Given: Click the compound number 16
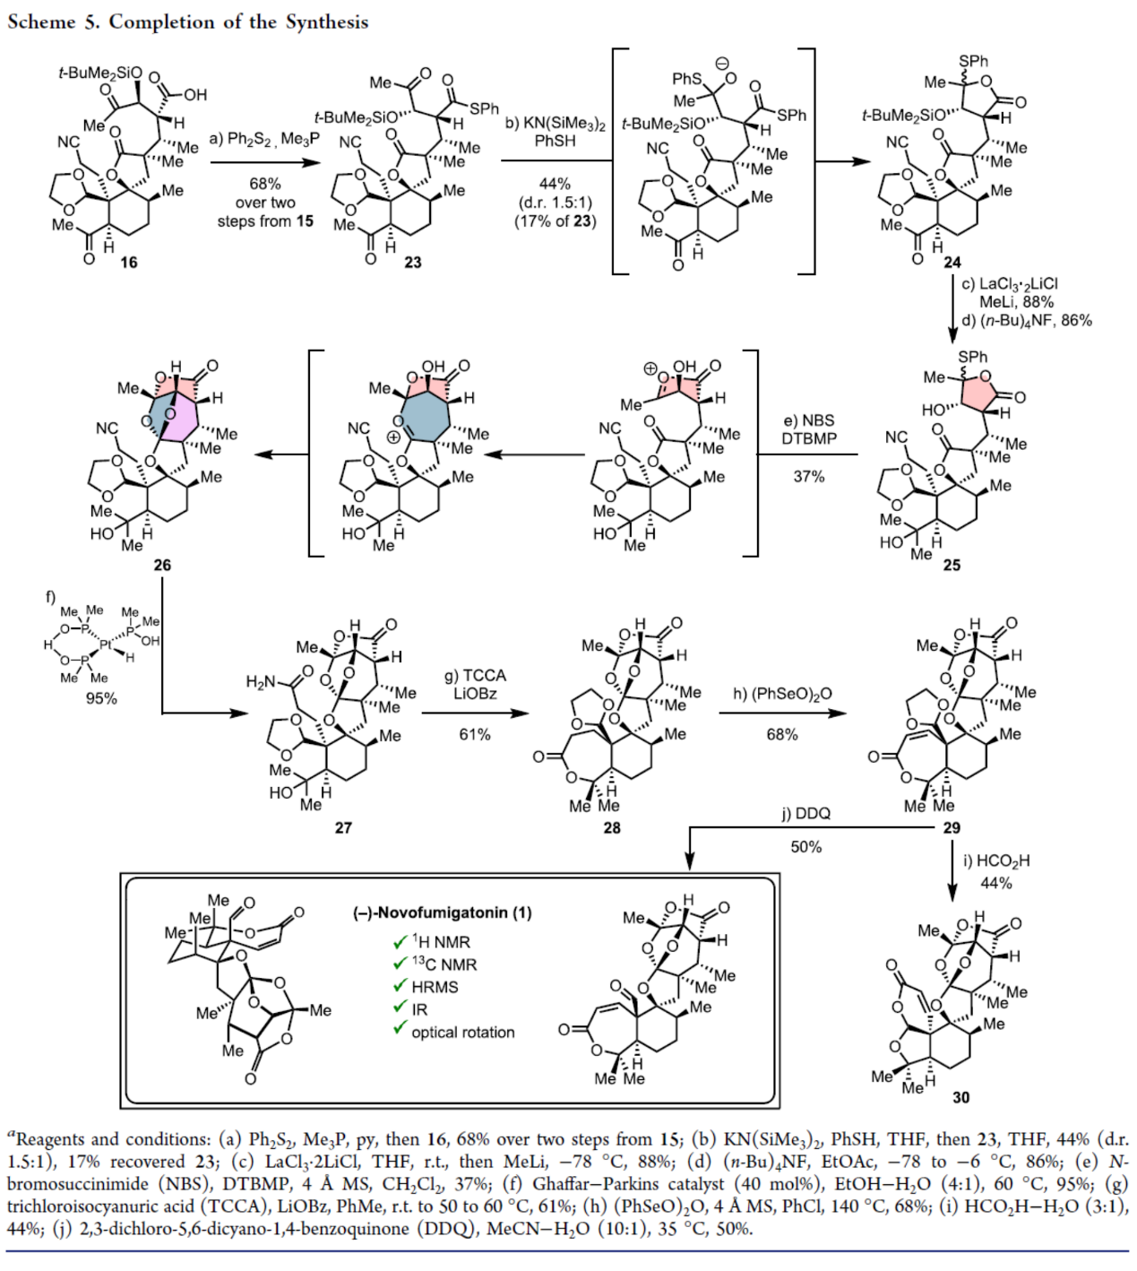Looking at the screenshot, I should coord(129,263).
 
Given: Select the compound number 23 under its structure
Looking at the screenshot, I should coord(412,262).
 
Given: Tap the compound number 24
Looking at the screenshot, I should coord(952,262).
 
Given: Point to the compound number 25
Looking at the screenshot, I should coord(952,565).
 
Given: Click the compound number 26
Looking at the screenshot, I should coord(162,565).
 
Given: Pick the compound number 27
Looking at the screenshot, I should coord(343,827).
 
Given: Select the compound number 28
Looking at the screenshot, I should coord(612,827).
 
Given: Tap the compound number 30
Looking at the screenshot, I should coord(960,1097).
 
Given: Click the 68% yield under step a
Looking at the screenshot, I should coord(265,184).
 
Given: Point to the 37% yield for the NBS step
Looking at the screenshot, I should coord(808,477).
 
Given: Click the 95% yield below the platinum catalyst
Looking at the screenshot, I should coord(101,698).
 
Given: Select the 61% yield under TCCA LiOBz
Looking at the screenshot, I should coord(475,734).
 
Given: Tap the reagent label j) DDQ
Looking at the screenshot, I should coord(805,813).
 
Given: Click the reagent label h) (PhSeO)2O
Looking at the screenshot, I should coord(781,694).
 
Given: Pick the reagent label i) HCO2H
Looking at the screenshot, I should coord(996,860).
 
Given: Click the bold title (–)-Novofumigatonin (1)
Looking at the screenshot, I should coord(442,912).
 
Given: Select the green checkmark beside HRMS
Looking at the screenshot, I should coord(400,986).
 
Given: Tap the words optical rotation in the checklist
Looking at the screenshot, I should coord(463,1032).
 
